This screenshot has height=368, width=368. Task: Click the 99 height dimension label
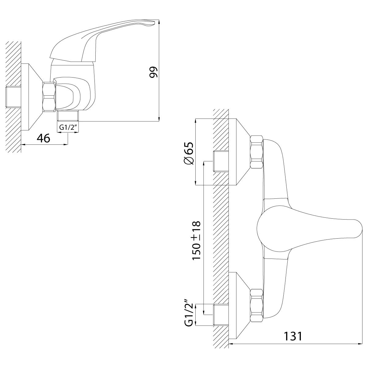[x=153, y=72]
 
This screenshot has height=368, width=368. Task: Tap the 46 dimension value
[x=44, y=138]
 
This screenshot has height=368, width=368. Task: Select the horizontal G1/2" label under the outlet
[x=68, y=127]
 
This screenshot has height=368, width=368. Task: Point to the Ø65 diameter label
[x=189, y=153]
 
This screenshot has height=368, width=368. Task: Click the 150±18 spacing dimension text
[x=196, y=240]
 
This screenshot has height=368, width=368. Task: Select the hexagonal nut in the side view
[x=49, y=96]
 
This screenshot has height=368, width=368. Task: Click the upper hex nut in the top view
[x=256, y=152]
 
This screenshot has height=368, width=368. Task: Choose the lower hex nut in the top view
[x=256, y=305]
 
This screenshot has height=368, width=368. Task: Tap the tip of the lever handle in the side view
[x=154, y=22]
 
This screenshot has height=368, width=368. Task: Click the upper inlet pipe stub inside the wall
[x=221, y=161]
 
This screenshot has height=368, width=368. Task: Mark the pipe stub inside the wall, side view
[x=13, y=97]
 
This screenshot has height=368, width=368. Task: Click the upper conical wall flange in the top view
[x=240, y=152]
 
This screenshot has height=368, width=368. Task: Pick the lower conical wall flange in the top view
[x=240, y=305]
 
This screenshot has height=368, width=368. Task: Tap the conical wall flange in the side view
[x=32, y=97]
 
